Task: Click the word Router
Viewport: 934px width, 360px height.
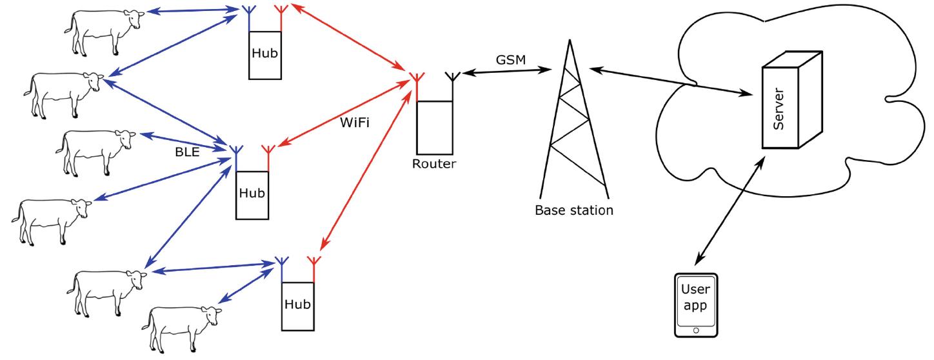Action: (434, 164)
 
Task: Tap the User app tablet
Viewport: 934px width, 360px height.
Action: (695, 305)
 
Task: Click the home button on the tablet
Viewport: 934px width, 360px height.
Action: (695, 330)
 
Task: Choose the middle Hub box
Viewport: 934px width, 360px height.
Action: (252, 193)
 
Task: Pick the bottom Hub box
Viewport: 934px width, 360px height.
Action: (297, 304)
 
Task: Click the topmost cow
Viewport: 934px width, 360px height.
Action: (103, 28)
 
